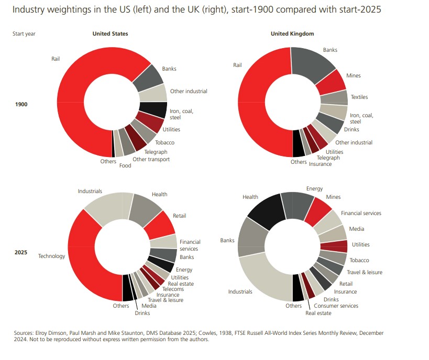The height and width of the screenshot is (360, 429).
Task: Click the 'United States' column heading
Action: [110, 33]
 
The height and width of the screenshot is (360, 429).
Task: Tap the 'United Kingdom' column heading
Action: [292, 33]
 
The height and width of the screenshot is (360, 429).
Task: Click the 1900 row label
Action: [21, 104]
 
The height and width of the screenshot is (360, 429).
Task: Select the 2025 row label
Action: [21, 252]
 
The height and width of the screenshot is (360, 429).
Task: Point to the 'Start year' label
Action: [24, 33]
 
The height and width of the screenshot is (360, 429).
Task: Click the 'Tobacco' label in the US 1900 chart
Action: [164, 142]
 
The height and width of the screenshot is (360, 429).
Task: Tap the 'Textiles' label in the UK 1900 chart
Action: [359, 97]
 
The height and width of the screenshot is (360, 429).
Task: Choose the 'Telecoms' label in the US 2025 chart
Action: [172, 288]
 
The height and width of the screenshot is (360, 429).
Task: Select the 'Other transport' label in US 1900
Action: [151, 159]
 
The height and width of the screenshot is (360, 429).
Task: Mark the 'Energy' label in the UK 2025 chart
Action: [314, 188]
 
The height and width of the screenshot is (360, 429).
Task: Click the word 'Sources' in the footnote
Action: [24, 333]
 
